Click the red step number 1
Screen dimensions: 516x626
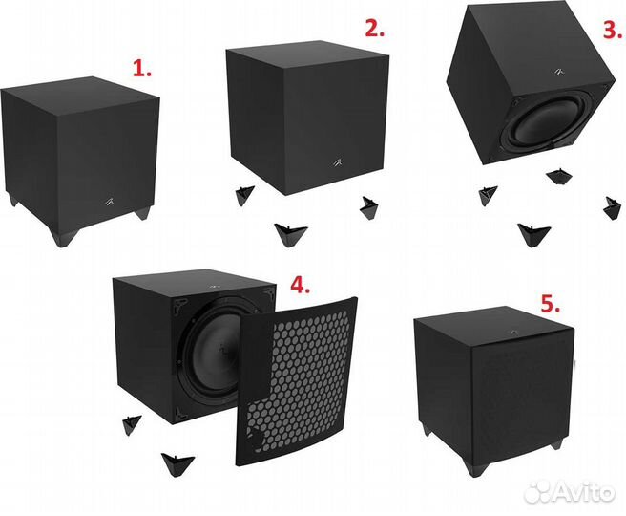pos(141,69)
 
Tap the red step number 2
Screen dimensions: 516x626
pos(374,28)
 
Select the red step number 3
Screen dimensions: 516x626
pos(607,28)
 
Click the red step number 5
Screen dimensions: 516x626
pos(549,305)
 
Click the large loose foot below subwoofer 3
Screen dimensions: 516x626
pos(532,233)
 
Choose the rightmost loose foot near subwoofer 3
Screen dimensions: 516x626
pos(611,205)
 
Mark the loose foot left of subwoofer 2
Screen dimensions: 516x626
pos(243,195)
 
